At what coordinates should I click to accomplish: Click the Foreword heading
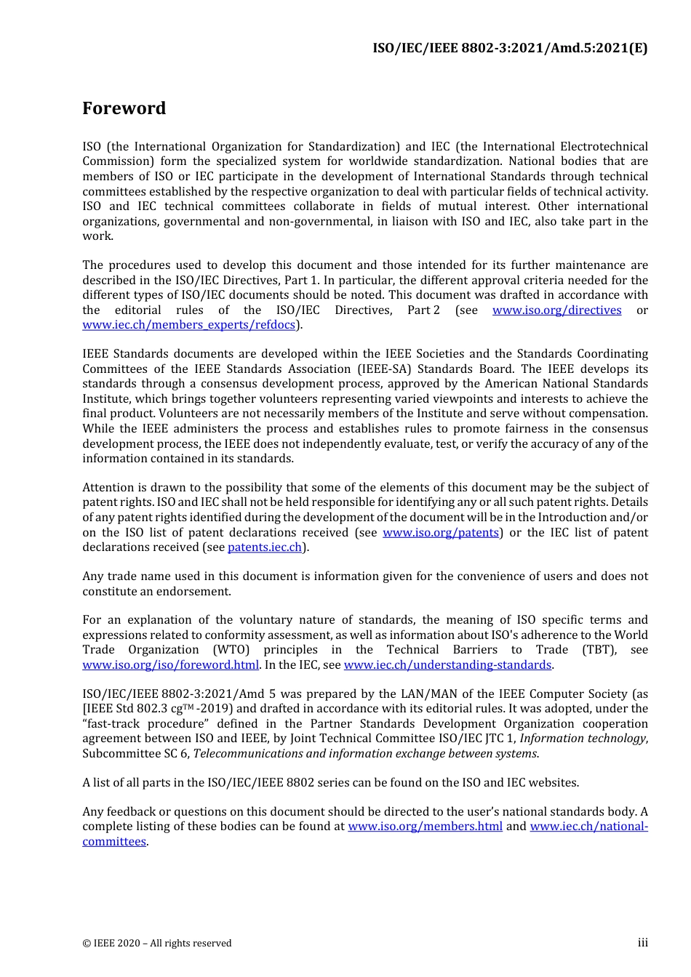(x=124, y=108)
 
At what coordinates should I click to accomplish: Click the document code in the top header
(x=510, y=48)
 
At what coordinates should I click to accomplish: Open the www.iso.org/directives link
(x=556, y=310)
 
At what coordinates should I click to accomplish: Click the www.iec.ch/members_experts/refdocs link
(x=189, y=325)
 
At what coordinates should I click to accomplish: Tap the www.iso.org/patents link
(x=441, y=533)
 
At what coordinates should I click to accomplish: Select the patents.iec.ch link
(x=265, y=547)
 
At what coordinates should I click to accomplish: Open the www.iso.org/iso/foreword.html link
(x=170, y=665)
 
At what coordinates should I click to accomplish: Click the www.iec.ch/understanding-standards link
(x=447, y=665)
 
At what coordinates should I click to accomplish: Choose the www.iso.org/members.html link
(x=425, y=827)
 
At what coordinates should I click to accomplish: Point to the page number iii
(x=642, y=943)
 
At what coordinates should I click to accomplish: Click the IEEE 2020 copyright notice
(x=156, y=944)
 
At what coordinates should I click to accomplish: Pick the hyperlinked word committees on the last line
(x=114, y=842)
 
